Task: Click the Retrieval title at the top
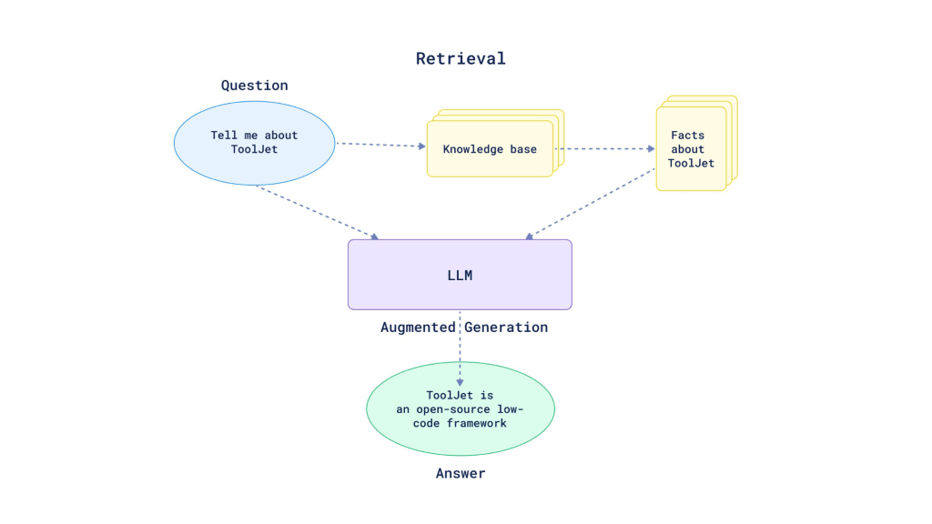pyautogui.click(x=461, y=59)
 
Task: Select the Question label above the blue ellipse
pyautogui.click(x=254, y=86)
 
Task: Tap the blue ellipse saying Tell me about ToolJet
pyautogui.click(x=254, y=143)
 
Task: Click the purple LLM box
pyautogui.click(x=460, y=275)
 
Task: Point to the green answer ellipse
pyautogui.click(x=460, y=409)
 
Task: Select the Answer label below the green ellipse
pyautogui.click(x=460, y=473)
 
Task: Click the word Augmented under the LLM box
pyautogui.click(x=419, y=327)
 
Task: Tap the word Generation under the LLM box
pyautogui.click(x=507, y=327)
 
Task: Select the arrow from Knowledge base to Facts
pyautogui.click(x=604, y=149)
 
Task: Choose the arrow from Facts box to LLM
pyautogui.click(x=591, y=206)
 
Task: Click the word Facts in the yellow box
pyautogui.click(x=688, y=136)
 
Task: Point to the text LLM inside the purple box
pyautogui.click(x=460, y=275)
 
